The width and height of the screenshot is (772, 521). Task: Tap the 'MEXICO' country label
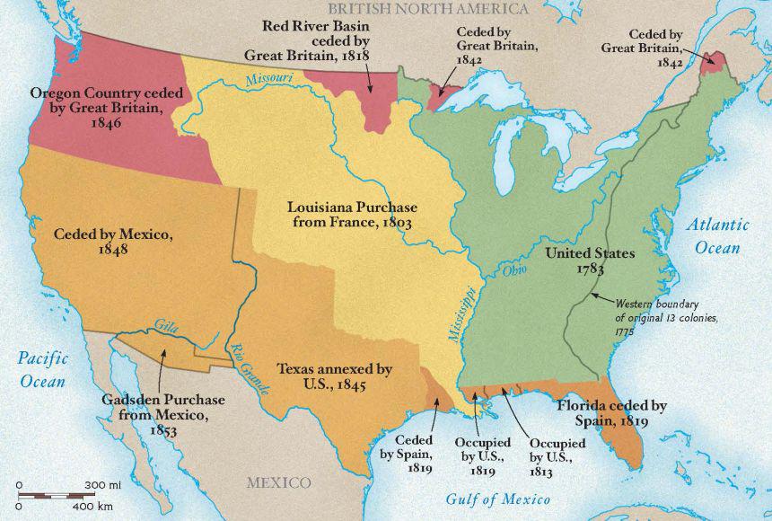[x=279, y=483]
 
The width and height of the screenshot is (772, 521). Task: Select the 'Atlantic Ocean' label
[x=715, y=236]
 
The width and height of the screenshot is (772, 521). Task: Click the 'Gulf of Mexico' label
[x=498, y=499]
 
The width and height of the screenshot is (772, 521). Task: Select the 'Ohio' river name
[x=513, y=269]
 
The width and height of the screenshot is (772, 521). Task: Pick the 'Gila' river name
[x=165, y=325]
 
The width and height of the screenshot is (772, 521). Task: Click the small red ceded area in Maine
[x=715, y=62]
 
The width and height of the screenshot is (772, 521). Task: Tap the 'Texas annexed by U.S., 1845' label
[x=334, y=376]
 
